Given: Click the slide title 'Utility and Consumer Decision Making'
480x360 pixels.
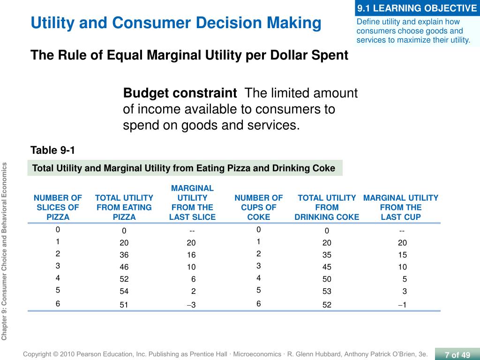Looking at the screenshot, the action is [176, 23].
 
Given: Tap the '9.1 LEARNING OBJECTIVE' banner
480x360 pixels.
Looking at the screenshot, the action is [417, 8].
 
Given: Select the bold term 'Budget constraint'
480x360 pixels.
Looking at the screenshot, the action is [180, 93].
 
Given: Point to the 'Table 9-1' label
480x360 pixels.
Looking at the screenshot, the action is [52, 150].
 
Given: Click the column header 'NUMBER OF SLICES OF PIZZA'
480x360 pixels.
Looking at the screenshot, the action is [58, 207].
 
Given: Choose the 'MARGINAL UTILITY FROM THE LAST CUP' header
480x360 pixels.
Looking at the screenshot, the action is [401, 207].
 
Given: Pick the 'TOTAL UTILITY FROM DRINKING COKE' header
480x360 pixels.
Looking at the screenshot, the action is [327, 207].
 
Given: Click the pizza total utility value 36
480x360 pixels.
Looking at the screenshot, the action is [124, 255].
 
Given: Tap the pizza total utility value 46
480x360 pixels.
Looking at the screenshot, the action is [124, 267].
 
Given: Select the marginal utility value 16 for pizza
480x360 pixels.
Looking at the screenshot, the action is [191, 255].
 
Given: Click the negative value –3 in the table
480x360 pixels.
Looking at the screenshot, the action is [191, 305].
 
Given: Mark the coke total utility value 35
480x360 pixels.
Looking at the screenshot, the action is [327, 255].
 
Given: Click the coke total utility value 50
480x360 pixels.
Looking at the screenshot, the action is [327, 279].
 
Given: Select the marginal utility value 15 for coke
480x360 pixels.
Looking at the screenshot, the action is [402, 255].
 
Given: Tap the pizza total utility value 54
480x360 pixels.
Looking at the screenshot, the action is [124, 291].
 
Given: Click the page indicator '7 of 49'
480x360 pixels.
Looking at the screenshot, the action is [457, 355].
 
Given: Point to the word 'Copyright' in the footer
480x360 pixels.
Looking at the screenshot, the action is [37, 354].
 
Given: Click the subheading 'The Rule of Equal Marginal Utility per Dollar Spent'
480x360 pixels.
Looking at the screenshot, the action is [189, 55].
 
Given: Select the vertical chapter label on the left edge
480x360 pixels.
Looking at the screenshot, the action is [4, 251].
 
